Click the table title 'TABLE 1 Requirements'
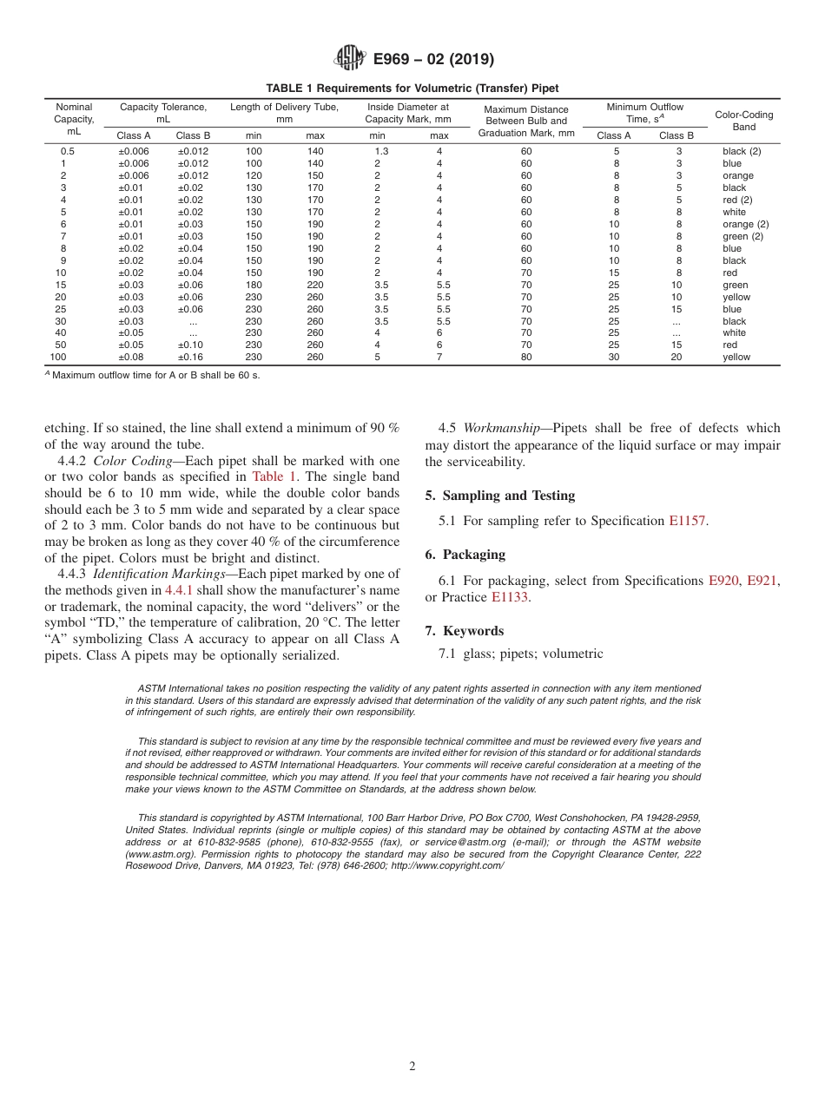[x=412, y=89]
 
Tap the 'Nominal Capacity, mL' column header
[x=74, y=120]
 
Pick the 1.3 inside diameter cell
[x=381, y=151]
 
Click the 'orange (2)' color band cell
[x=745, y=224]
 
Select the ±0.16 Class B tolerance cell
[x=194, y=357]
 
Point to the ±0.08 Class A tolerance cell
[x=134, y=357]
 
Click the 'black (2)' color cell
[x=742, y=151]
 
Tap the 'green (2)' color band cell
[x=742, y=236]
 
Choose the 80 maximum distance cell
[x=526, y=357]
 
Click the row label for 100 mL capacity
[x=58, y=357]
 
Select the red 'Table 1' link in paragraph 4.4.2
[x=274, y=476]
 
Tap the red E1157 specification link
[x=688, y=521]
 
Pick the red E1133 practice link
[x=510, y=597]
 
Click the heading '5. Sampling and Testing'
[x=499, y=496]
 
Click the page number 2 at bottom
[x=412, y=1067]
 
